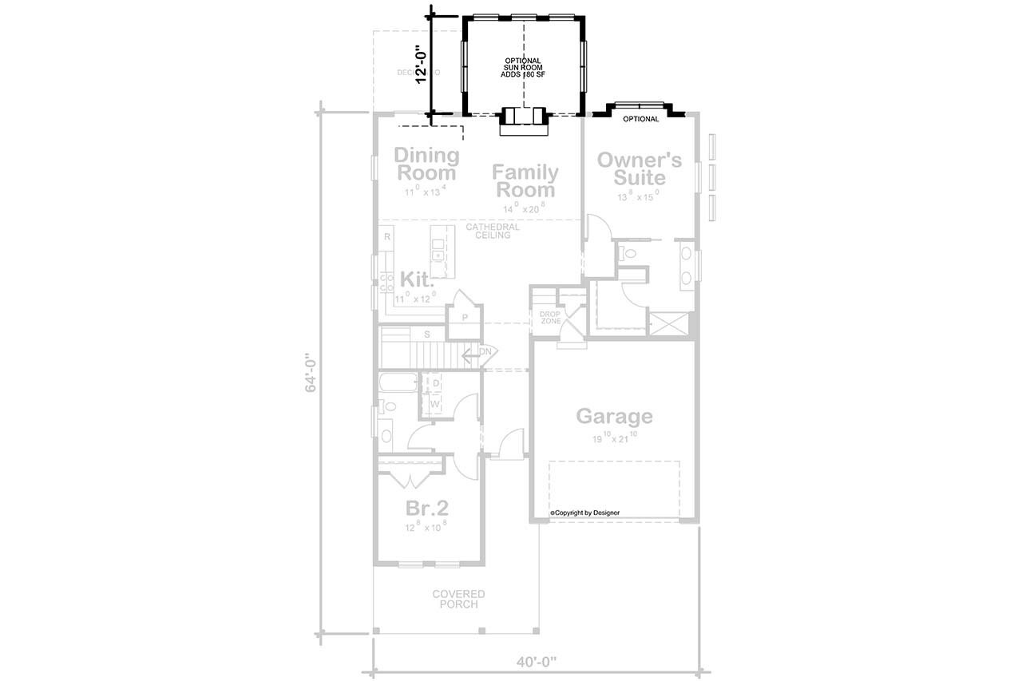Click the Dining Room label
coord(426,164)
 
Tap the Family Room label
coord(525,180)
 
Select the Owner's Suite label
coord(640,168)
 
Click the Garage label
coord(614,416)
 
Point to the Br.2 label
coord(427,508)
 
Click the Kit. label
coord(417,280)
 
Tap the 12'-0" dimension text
coord(422,63)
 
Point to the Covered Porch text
coord(458,599)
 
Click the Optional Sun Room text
coord(523,68)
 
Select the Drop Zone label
coord(550,316)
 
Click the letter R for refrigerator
coord(386,237)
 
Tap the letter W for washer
coord(435,404)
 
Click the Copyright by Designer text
coord(584,513)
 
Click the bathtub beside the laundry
coord(398,383)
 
